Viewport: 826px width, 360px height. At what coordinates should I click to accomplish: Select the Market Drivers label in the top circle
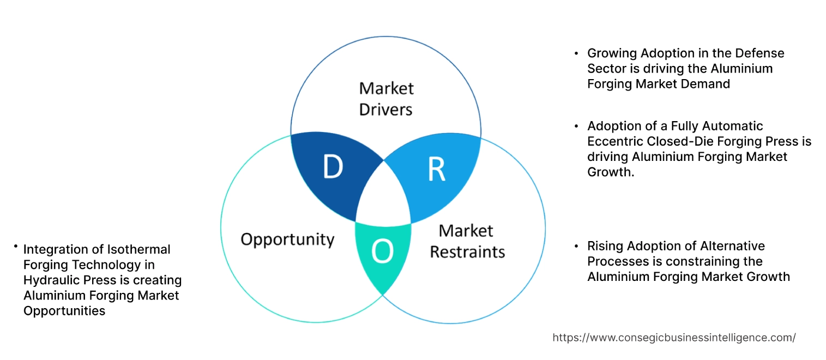tap(386, 99)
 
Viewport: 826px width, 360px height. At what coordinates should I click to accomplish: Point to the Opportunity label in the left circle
tap(287, 239)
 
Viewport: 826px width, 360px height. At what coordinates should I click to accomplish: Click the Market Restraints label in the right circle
tap(467, 241)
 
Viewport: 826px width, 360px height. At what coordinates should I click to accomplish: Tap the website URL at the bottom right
tap(674, 338)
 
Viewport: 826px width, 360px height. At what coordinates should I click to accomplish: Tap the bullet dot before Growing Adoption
tap(576, 54)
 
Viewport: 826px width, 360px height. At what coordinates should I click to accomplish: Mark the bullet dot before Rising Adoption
tap(576, 247)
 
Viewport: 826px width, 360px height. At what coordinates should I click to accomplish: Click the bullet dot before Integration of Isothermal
tap(16, 247)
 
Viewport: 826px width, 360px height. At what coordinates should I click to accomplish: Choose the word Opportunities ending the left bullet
tap(64, 311)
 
